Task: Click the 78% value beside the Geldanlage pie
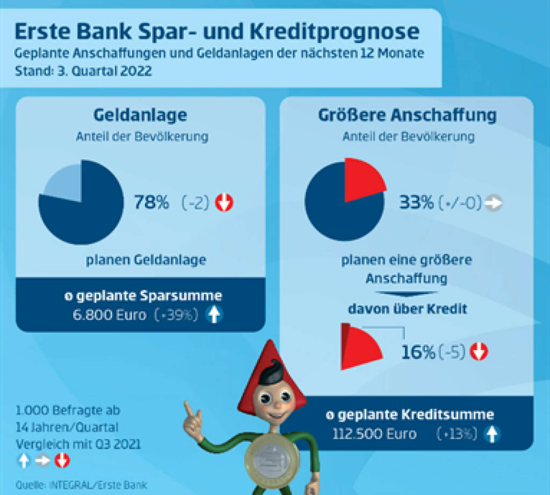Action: pyautogui.click(x=151, y=203)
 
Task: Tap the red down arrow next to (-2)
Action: pyautogui.click(x=224, y=203)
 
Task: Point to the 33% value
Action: pyautogui.click(x=416, y=203)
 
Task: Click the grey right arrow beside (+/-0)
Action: pyautogui.click(x=493, y=203)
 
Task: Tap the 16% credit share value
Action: pyautogui.click(x=418, y=352)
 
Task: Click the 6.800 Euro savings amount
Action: pyautogui.click(x=109, y=315)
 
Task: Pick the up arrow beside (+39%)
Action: pyautogui.click(x=214, y=315)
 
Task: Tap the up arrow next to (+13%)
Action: pyautogui.click(x=491, y=433)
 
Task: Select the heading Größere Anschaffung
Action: pyautogui.click(x=407, y=115)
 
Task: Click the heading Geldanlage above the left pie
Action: pyautogui.click(x=140, y=115)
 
